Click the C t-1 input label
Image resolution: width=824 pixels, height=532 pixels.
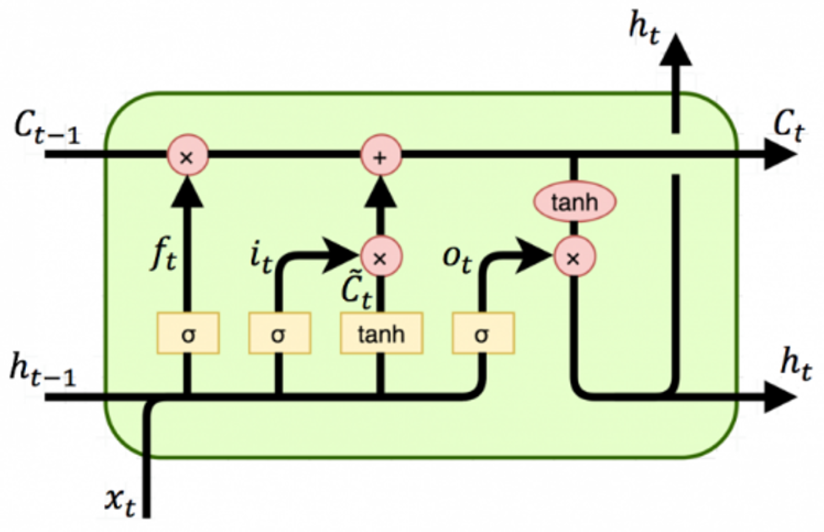(46, 128)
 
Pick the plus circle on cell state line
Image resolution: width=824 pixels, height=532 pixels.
(381, 155)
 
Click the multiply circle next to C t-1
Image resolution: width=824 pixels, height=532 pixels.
(187, 155)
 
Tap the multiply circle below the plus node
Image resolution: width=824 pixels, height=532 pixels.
(381, 256)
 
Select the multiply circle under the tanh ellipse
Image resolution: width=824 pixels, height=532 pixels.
(574, 256)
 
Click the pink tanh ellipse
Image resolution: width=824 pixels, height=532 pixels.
(574, 202)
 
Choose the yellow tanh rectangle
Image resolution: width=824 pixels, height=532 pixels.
(381, 333)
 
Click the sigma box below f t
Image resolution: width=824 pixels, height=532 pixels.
(188, 333)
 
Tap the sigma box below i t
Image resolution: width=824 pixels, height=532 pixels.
(279, 333)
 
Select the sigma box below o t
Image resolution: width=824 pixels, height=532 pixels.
(483, 333)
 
